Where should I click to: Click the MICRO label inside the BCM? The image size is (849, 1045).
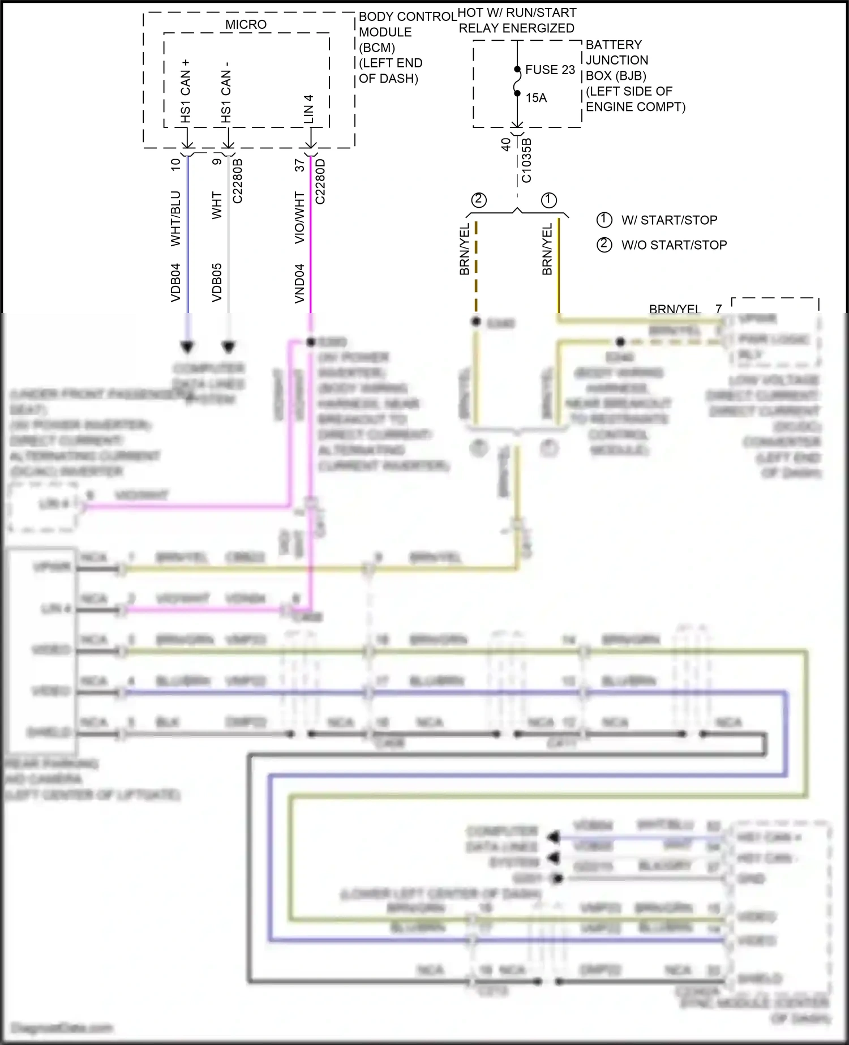pyautogui.click(x=246, y=24)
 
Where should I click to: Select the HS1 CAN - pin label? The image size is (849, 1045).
pyautogui.click(x=226, y=92)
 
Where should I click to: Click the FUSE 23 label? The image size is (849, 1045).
pyautogui.click(x=550, y=70)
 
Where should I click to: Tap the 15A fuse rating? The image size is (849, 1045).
pyautogui.click(x=536, y=98)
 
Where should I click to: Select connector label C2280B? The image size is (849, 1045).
pyautogui.click(x=238, y=181)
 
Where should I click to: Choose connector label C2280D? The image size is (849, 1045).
pyautogui.click(x=320, y=181)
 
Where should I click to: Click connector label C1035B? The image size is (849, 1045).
pyautogui.click(x=526, y=160)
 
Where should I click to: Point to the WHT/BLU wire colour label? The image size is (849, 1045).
pyautogui.click(x=175, y=218)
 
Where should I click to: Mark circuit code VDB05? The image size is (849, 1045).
pyautogui.click(x=217, y=282)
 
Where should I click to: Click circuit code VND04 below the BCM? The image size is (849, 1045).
pyautogui.click(x=299, y=283)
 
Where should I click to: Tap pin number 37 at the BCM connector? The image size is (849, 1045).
pyautogui.click(x=299, y=165)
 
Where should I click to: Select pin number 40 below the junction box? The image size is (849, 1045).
pyautogui.click(x=506, y=144)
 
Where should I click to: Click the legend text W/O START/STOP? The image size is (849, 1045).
pyautogui.click(x=674, y=245)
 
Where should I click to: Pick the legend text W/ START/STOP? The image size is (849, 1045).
pyautogui.click(x=669, y=220)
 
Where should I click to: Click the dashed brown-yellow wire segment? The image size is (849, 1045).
pyautogui.click(x=476, y=266)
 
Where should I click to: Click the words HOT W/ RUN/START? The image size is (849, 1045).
pyautogui.click(x=517, y=12)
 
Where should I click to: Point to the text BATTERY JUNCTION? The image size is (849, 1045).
pyautogui.click(x=616, y=52)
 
